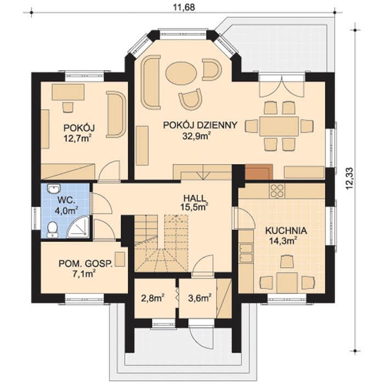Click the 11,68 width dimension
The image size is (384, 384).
point(184,7)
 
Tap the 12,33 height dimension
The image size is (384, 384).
point(350,178)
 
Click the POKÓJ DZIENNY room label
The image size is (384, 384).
point(200,125)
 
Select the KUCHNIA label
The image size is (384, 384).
point(286,231)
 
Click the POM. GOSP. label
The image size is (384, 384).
point(86,264)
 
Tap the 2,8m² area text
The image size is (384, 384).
point(153,298)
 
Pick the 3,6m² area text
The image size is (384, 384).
point(200,298)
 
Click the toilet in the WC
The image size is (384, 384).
point(52,229)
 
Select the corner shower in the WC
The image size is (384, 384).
point(78,227)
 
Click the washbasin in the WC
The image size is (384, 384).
point(54,189)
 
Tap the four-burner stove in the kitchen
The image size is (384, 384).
point(277,191)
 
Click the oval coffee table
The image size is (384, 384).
point(181,74)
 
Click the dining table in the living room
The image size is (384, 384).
point(279,127)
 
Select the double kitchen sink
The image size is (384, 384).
point(246,253)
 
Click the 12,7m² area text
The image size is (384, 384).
point(78,139)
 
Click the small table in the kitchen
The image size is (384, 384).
point(287,283)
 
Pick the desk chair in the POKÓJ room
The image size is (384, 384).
point(68,108)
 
